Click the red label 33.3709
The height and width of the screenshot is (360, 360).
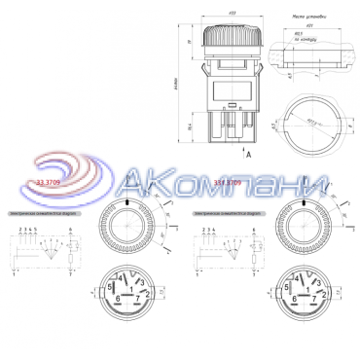coord(49,181)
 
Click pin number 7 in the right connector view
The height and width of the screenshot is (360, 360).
coord(314,300)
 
